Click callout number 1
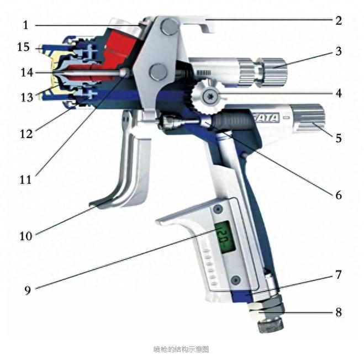tap(26, 25)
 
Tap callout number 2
tap(337, 22)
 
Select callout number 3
tap(337, 52)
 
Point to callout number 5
tap(337, 137)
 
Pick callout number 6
tap(337, 195)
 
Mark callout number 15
tap(23, 48)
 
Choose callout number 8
tap(337, 312)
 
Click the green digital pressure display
tap(224, 237)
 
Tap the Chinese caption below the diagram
tap(181, 350)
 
